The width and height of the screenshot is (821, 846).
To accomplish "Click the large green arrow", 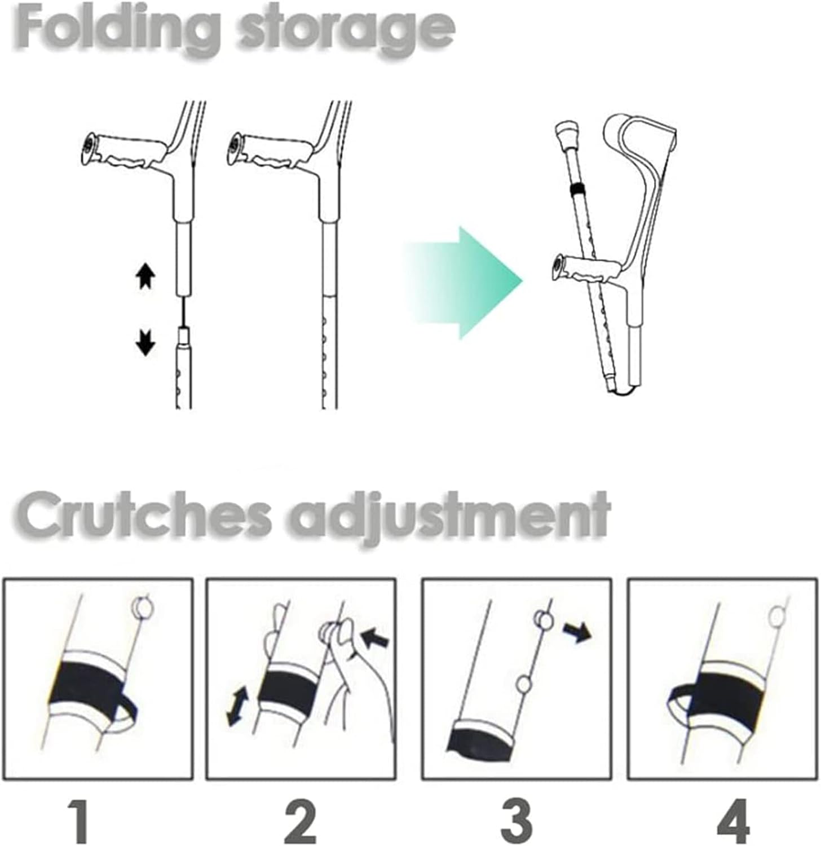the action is [462, 283].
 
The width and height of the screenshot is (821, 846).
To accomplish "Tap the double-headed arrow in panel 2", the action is [236, 704].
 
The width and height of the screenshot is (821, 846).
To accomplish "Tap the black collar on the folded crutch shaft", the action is [576, 188].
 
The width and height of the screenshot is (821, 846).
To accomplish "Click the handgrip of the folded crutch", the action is [586, 268].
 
